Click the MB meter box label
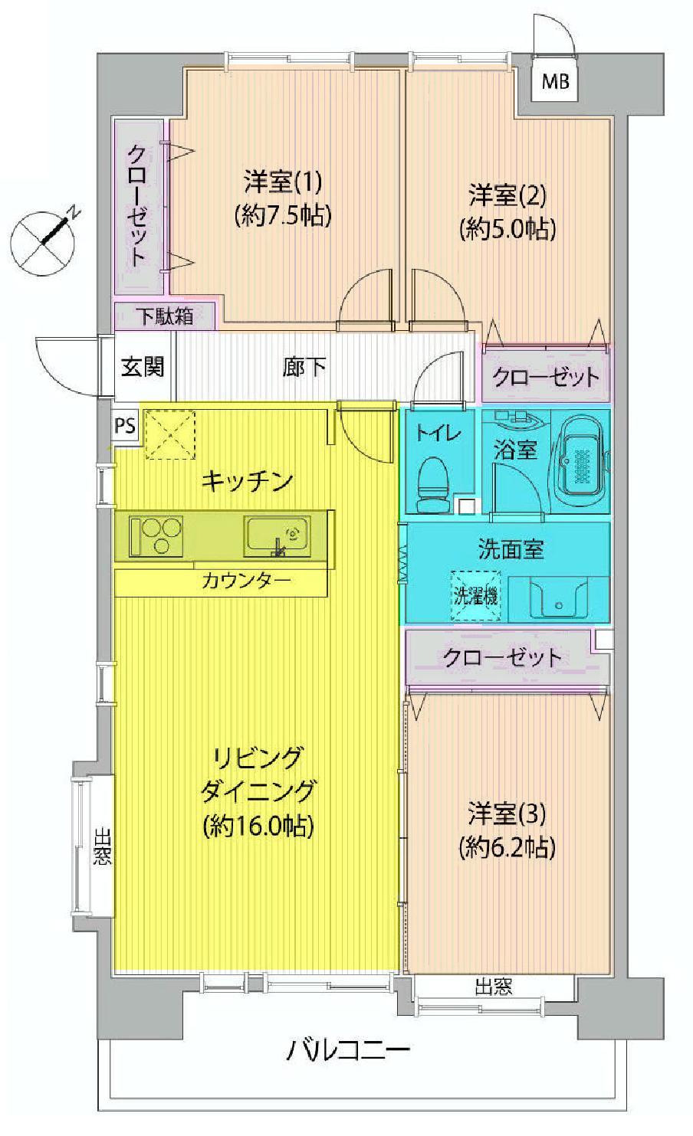coord(556,81)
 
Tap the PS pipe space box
coord(125,425)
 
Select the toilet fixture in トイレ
coord(433,484)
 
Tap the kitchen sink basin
coord(277,535)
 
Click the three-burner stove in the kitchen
coord(157,535)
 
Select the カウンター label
coord(246,581)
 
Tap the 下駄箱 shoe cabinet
coord(166,316)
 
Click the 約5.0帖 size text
coord(507,228)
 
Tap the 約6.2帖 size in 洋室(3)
coord(507,846)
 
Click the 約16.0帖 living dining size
coord(258,826)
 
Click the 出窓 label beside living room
coord(102,846)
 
